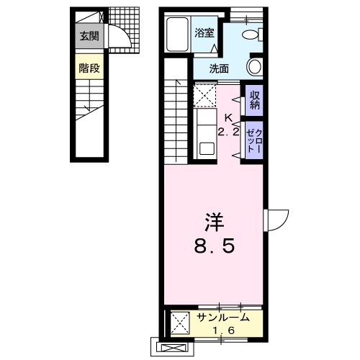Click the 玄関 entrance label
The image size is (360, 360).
[x=89, y=36]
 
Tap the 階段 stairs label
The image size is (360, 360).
[x=89, y=68]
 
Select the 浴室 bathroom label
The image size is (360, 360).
[x=204, y=32]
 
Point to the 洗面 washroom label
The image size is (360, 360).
[x=219, y=68]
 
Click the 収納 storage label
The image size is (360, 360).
[x=255, y=100]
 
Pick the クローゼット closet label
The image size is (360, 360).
[x=254, y=141]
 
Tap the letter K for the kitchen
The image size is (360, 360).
[x=228, y=118]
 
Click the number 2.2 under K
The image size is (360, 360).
[x=229, y=132]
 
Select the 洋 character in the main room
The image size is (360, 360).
[x=214, y=222]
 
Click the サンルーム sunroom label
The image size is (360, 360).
[x=223, y=318]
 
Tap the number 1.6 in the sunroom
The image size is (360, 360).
[x=223, y=330]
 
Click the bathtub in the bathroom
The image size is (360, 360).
[x=177, y=34]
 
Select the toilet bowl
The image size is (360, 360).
[x=252, y=35]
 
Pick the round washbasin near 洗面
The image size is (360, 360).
[x=254, y=66]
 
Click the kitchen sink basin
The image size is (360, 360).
[x=207, y=149]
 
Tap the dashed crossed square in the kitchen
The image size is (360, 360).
[x=204, y=96]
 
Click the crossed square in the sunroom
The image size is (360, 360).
[x=180, y=323]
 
